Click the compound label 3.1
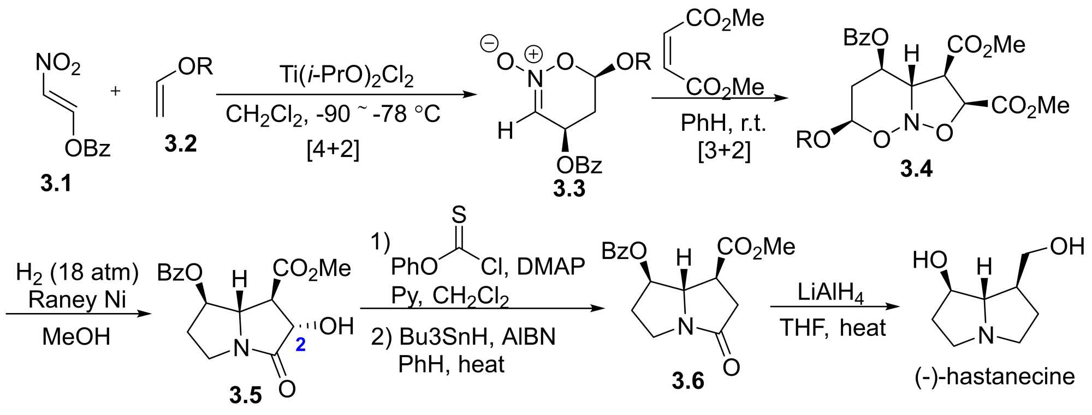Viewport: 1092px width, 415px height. tap(56, 184)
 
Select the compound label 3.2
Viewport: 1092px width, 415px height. tap(180, 144)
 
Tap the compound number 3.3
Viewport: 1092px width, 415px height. tap(569, 189)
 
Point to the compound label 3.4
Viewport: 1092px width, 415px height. tap(916, 169)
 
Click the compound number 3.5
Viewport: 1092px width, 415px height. tap(246, 395)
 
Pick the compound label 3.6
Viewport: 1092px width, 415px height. tap(688, 381)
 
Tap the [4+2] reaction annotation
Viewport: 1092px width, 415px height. tap(334, 148)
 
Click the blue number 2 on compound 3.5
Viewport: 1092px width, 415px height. tap(300, 345)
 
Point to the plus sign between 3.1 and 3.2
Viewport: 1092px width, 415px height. tap(115, 91)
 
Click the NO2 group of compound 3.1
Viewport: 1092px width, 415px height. tap(58, 64)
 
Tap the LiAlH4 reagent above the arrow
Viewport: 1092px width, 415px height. tap(830, 292)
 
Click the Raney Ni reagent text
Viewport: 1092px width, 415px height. tap(77, 299)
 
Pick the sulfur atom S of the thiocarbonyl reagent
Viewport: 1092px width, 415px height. tap(459, 215)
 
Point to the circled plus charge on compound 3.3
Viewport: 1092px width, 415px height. tap(533, 54)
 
